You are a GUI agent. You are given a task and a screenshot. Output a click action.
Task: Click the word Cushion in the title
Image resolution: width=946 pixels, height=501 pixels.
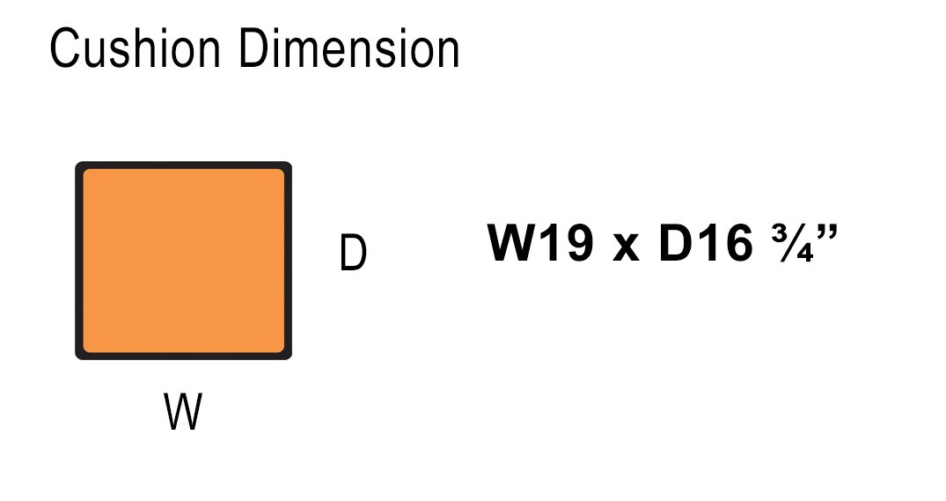136,48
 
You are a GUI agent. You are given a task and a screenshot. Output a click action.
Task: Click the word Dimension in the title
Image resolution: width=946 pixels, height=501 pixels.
349,48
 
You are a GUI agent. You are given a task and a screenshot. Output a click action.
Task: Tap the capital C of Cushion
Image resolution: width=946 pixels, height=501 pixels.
65,48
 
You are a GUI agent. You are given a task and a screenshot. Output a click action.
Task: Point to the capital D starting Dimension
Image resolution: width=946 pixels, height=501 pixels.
254,48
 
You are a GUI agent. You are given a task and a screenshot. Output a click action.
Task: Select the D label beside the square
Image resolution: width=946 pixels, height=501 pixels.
353,253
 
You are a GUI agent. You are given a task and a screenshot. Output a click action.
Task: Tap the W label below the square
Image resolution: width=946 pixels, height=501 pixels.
183,411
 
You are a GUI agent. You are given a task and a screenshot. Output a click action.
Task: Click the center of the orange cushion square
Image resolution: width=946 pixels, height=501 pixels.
183,261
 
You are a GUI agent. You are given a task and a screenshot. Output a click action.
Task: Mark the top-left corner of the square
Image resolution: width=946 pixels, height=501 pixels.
76,162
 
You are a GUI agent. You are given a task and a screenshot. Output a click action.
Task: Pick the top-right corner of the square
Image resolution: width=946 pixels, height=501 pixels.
290,162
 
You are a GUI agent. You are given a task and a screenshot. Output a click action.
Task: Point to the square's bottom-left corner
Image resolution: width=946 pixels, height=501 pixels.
76,358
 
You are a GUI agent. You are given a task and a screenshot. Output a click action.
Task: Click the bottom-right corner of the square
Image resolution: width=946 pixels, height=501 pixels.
290,358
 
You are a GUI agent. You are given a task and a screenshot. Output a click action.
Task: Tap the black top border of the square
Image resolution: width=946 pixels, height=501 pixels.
183,165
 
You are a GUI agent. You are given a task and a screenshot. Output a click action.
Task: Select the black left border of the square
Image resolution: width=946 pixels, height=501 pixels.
78,261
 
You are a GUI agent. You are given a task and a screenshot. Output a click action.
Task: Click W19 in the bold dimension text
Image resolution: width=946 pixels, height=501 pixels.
540,243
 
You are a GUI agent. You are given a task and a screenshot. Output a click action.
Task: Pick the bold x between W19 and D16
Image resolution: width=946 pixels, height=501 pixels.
626,247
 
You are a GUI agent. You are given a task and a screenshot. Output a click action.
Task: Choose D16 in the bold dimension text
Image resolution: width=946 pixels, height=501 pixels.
706,243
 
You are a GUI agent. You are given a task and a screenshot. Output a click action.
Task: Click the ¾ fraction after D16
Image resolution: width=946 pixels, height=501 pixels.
792,243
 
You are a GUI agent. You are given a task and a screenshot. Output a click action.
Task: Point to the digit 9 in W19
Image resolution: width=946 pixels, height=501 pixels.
578,243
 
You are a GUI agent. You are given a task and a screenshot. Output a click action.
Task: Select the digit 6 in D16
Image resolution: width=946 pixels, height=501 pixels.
738,243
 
